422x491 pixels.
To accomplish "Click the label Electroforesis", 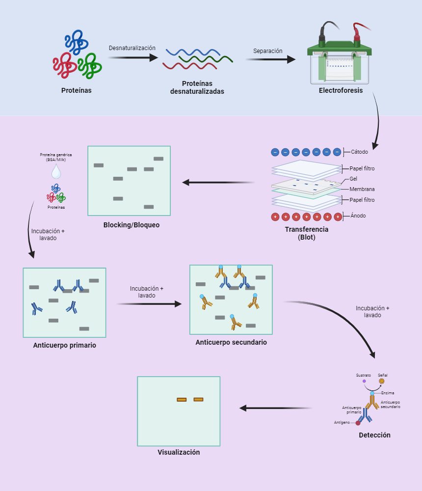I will point(341,90).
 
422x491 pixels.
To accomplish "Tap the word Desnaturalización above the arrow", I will point(132,48).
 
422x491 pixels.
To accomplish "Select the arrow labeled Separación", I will point(270,59).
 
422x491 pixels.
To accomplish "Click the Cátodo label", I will point(359,152).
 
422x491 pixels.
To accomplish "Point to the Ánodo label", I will point(358,216).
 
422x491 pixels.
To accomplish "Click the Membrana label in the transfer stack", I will point(362,189).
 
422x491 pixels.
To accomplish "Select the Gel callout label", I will point(353,179).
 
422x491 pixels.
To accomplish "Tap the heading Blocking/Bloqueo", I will point(132,225).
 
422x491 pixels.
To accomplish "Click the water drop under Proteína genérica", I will point(56,171).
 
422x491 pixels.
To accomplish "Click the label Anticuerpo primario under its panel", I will point(64,345).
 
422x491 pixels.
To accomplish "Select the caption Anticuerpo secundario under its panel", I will point(231,342).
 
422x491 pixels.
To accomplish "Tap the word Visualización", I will point(179,452).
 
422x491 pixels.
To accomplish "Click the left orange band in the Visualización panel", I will point(182,400).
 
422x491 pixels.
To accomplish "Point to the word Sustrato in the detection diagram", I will point(364,375).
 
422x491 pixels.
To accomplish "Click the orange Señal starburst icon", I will point(382,381).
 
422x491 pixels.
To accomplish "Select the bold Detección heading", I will point(374,435).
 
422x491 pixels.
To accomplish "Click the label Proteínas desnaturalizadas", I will point(197,87).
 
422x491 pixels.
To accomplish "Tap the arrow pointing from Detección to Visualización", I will point(275,408).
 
